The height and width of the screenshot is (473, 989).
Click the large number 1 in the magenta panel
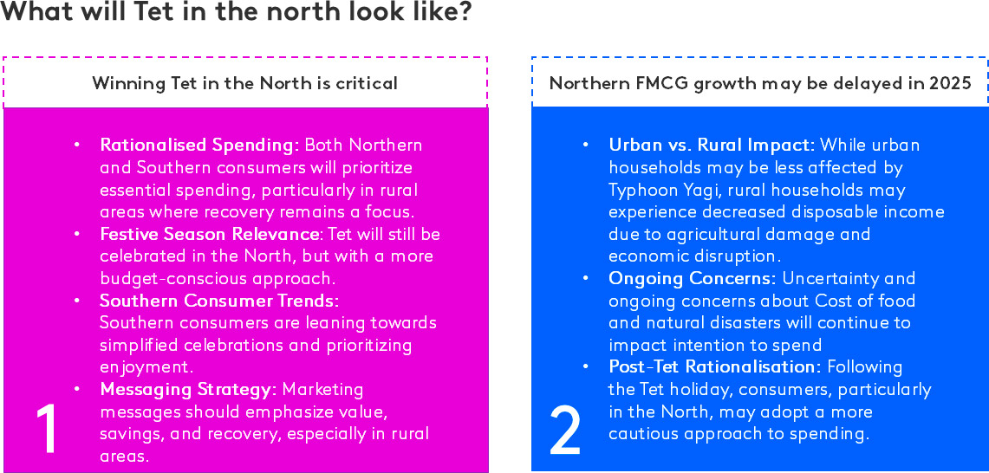point(47,430)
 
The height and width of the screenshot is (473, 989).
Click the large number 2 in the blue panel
point(565,432)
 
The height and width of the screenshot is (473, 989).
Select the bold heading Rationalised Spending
point(198,145)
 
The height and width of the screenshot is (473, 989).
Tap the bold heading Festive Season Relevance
point(209,234)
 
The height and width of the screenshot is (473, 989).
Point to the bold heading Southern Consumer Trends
point(217,301)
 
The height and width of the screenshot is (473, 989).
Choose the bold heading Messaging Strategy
point(187,389)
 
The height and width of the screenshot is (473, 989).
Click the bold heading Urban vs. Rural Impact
point(711,145)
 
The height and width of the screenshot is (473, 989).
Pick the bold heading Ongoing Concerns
point(691,278)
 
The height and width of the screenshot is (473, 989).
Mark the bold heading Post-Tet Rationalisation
point(714,366)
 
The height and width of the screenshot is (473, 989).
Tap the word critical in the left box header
point(369,83)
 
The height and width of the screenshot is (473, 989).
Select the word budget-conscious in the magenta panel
point(173,278)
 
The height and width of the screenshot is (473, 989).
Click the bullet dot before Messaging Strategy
point(77,389)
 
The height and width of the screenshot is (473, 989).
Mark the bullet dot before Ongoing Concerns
point(586,278)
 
